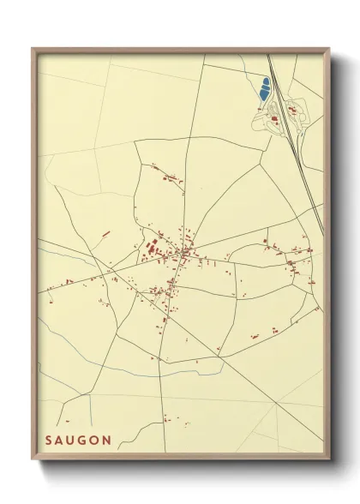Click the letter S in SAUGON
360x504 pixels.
pos(49,440)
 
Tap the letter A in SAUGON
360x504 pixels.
pos(61,440)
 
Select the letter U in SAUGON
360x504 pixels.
pos(73,440)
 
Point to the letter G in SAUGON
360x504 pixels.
pos(85,440)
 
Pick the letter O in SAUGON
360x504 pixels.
pos(97,440)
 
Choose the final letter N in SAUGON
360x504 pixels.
pos(109,440)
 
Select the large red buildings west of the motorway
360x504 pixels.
pos(275,119)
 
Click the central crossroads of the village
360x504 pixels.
pos(182,253)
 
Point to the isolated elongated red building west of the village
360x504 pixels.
pos(105,233)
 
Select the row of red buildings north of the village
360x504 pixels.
pos(168,177)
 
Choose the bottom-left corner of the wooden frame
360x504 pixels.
pos(33,460)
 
